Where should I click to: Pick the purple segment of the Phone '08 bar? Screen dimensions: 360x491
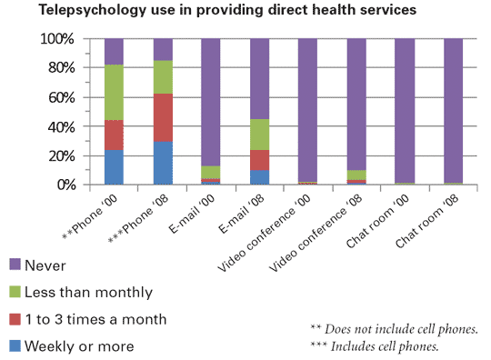click(x=162, y=49)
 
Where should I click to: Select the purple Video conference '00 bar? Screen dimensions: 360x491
click(x=306, y=109)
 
